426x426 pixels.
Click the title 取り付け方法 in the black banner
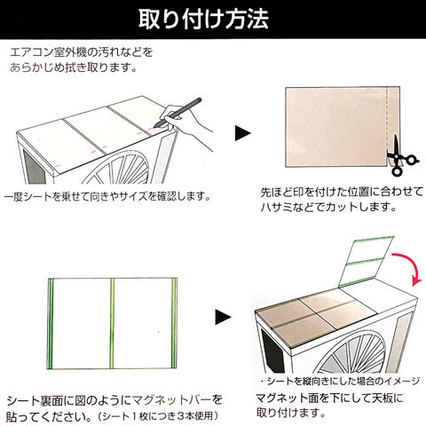click(203, 20)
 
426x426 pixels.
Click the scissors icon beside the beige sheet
click(402, 156)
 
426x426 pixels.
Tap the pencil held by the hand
click(178, 112)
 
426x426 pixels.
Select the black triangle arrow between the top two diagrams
click(242, 133)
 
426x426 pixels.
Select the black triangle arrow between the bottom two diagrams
click(223, 317)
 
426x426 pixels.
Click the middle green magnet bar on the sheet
click(112, 323)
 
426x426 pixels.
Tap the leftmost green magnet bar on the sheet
click(51, 324)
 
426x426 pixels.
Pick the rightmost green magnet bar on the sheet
click(174, 323)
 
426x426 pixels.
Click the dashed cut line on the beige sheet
click(387, 124)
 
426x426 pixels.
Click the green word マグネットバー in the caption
click(172, 400)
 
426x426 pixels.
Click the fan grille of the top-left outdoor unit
click(118, 169)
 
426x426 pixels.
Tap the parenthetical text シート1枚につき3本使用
click(158, 416)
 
